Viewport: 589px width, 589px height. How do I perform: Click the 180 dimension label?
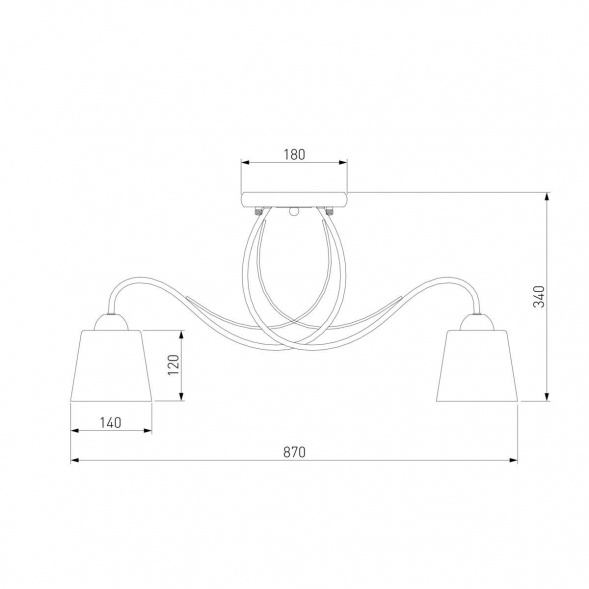click(294, 154)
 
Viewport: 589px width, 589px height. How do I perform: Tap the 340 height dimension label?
click(539, 296)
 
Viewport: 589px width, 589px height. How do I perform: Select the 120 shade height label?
click(174, 365)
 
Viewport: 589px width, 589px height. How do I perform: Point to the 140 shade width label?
click(111, 423)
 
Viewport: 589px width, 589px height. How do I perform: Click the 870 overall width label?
click(294, 452)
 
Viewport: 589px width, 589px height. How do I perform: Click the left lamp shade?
click(111, 366)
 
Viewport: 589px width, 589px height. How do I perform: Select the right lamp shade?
click(477, 366)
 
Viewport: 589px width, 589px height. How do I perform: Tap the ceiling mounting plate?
click(294, 199)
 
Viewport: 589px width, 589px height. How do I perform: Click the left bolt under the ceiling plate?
click(258, 211)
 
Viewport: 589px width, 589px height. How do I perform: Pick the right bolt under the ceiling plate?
click(329, 211)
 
